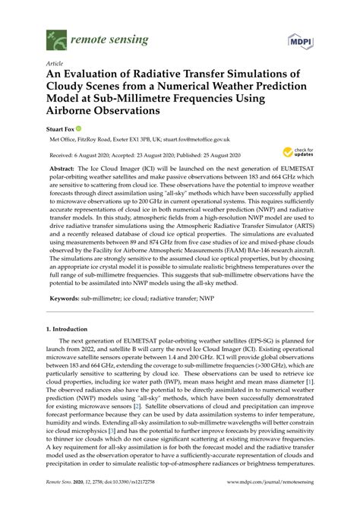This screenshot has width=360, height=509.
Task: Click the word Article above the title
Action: point(55,64)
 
